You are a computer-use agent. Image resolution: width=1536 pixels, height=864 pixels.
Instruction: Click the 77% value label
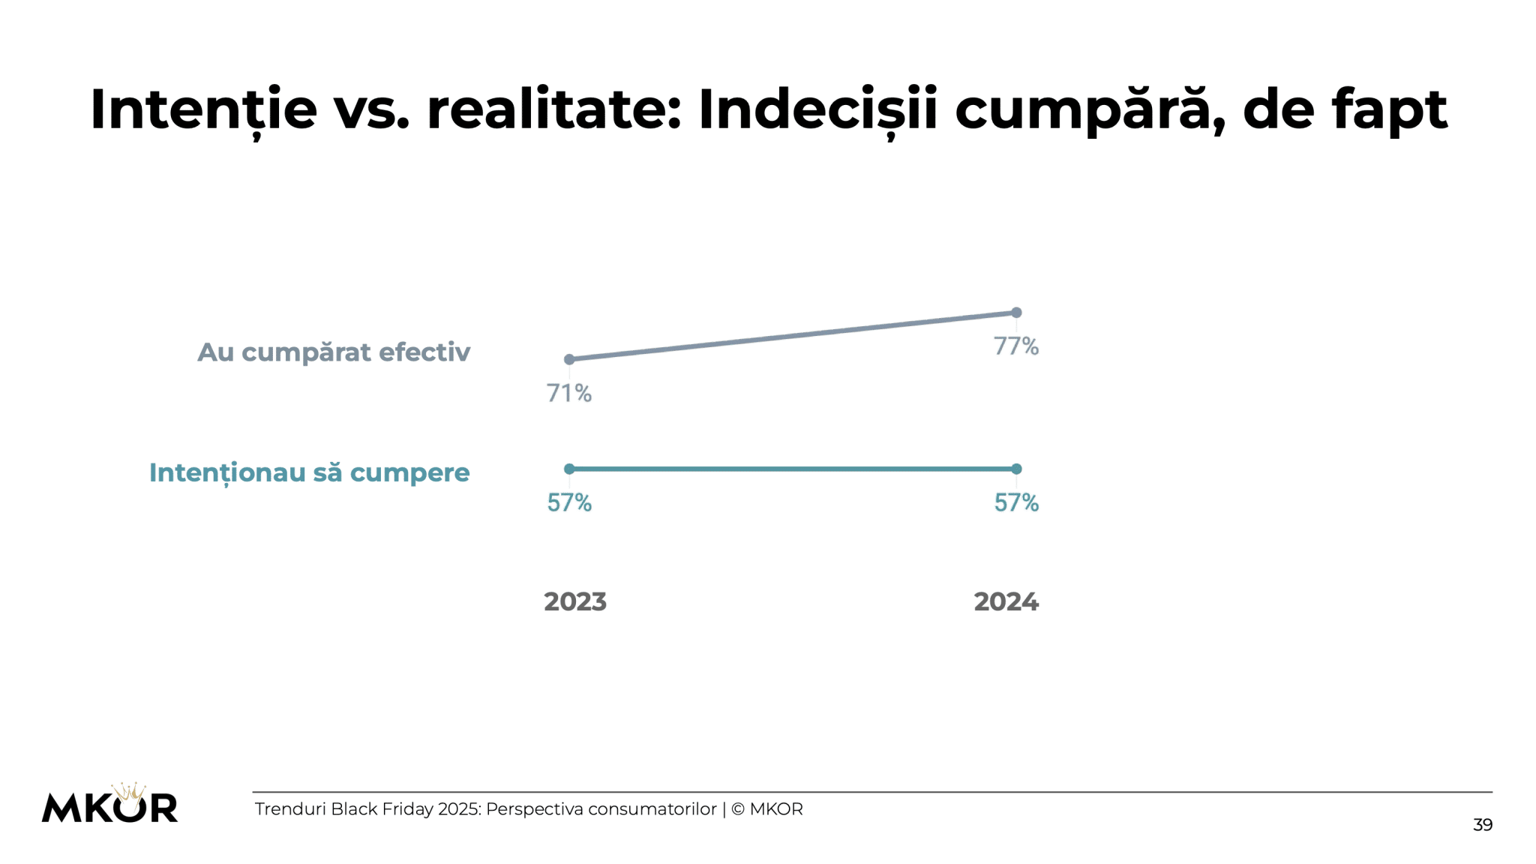1015,346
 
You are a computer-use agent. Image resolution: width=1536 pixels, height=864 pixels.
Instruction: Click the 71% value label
568,393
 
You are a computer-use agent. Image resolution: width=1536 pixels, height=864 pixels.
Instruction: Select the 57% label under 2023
568,502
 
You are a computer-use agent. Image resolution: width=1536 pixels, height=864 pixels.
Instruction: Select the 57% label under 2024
1015,502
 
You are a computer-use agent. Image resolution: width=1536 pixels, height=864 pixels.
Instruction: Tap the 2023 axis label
574,601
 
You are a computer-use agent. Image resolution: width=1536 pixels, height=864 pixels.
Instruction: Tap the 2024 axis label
1006,601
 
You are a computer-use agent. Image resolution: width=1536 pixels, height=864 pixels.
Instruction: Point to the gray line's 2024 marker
1016,312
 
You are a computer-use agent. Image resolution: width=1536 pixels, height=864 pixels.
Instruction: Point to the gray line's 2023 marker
569,359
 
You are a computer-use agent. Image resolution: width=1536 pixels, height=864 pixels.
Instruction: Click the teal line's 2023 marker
569,469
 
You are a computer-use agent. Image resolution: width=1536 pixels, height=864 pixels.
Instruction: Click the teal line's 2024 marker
1016,469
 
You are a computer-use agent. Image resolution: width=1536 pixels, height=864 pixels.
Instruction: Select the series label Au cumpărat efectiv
334,352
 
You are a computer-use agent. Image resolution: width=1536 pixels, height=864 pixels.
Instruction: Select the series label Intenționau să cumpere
309,472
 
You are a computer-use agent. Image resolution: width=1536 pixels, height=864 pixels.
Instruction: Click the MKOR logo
109,807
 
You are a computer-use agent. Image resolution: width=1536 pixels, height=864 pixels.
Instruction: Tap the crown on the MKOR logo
129,791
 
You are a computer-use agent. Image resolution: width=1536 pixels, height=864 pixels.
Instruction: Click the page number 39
1482,825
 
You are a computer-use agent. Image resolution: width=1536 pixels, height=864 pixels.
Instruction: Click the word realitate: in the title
554,109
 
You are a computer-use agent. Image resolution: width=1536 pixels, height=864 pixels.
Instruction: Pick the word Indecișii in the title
817,109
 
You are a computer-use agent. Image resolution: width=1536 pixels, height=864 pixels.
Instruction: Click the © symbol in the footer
737,809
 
